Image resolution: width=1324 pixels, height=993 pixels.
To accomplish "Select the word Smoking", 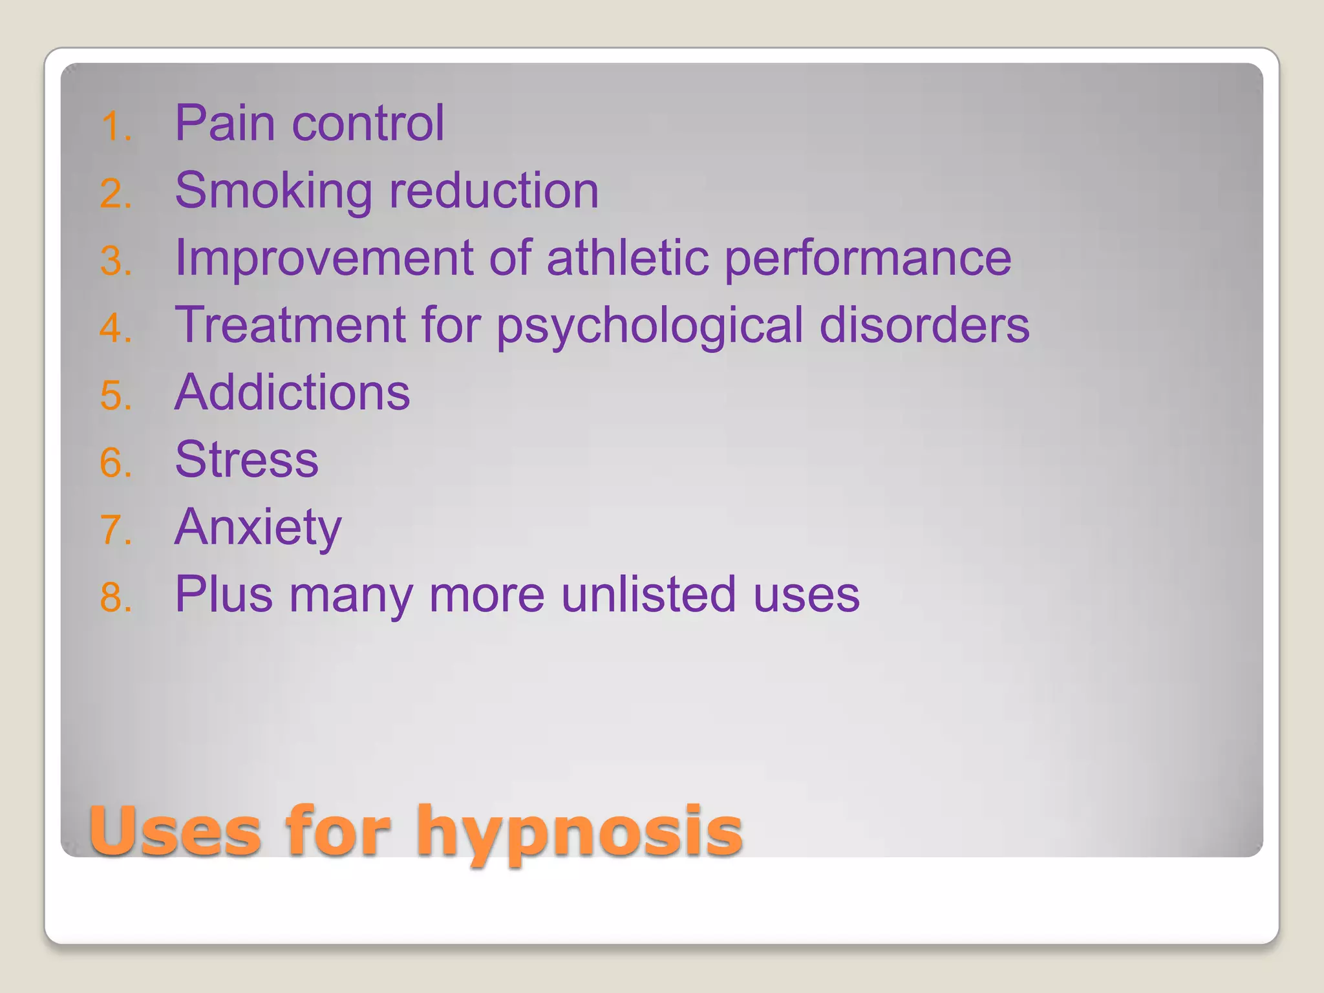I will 273,191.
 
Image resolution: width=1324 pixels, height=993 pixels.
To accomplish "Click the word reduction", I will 494,191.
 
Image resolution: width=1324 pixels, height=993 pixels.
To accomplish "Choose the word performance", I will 868,260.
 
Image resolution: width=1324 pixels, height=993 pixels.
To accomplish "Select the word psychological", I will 650,327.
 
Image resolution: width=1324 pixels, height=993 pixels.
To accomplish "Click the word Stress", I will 247,460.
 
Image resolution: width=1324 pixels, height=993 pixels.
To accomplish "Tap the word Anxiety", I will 258,528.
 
